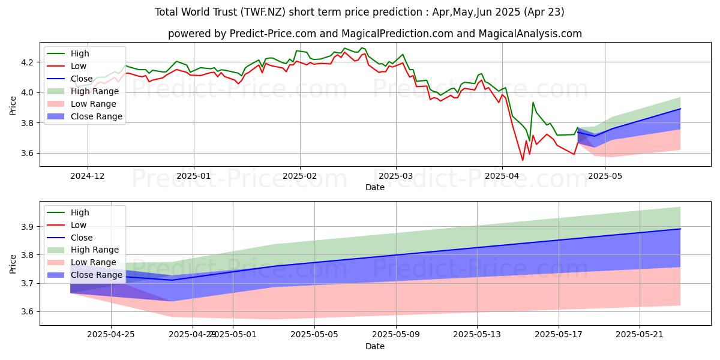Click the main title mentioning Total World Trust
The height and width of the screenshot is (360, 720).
click(x=359, y=12)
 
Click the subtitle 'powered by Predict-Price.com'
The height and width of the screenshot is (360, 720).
click(x=374, y=34)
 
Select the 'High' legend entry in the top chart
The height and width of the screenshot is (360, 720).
click(x=80, y=53)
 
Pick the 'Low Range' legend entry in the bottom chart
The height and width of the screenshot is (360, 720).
click(x=94, y=262)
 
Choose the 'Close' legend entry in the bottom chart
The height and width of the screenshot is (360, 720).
click(x=82, y=237)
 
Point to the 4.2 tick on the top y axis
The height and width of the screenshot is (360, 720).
click(x=28, y=62)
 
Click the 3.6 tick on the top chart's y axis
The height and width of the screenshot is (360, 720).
click(x=28, y=154)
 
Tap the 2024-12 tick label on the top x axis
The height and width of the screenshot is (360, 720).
click(x=88, y=176)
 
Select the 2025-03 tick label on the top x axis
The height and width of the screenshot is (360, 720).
click(x=395, y=176)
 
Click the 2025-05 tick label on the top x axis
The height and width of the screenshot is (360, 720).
click(x=605, y=176)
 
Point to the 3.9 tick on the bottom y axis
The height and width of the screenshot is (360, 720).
click(x=28, y=227)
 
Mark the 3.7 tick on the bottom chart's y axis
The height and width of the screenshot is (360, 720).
click(x=28, y=283)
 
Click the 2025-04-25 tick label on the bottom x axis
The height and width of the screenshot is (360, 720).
click(x=112, y=335)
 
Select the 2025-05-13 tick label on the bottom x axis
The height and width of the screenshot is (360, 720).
click(x=477, y=335)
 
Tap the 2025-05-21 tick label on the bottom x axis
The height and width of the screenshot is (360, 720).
click(x=640, y=335)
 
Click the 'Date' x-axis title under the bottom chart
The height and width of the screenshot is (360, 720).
click(x=374, y=347)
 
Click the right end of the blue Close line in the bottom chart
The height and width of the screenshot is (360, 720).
click(x=680, y=229)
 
